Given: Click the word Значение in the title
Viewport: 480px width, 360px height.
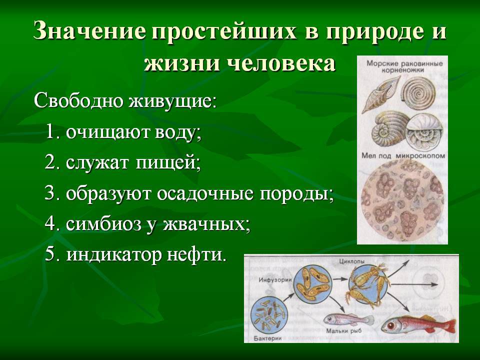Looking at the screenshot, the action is click(89, 31).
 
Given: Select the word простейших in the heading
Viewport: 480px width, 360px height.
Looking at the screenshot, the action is click(224, 31).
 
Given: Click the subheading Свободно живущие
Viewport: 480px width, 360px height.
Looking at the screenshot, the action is click(125, 100).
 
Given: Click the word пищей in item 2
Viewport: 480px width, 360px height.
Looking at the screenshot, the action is click(168, 163).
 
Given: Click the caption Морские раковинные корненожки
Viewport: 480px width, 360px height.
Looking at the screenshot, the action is click(404, 66).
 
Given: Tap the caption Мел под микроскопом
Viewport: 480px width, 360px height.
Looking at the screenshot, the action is click(403, 155).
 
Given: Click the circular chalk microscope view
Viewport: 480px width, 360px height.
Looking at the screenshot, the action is click(403, 200).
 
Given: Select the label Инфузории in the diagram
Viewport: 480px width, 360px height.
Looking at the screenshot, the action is click(275, 280).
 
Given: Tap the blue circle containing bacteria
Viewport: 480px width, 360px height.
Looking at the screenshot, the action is click(269, 315).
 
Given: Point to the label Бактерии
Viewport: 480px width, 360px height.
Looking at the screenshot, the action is click(267, 338).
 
